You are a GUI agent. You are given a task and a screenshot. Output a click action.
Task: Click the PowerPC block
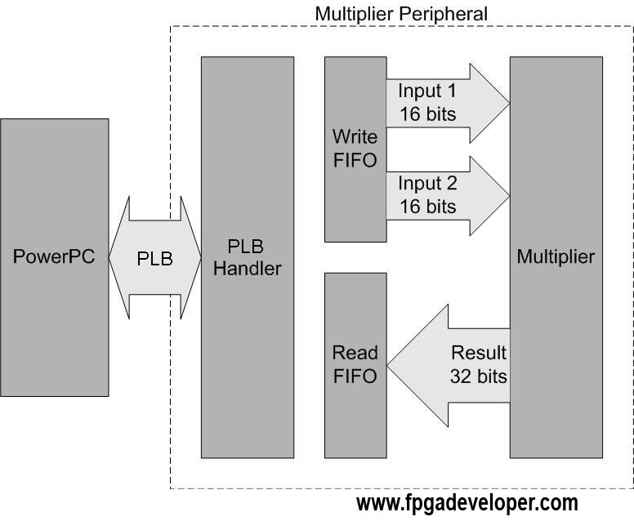[55, 257]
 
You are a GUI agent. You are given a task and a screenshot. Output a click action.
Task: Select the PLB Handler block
[248, 257]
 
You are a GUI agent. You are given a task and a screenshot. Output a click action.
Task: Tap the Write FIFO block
[355, 149]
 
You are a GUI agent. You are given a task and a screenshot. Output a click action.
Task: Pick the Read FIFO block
[355, 365]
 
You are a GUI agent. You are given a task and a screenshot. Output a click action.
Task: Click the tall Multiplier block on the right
[556, 257]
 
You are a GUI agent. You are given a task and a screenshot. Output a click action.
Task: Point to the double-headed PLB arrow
[155, 257]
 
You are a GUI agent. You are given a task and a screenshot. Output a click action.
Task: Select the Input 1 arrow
[448, 104]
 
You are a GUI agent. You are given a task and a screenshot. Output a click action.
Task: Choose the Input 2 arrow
[448, 196]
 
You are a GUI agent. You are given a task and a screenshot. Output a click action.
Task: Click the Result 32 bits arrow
[448, 366]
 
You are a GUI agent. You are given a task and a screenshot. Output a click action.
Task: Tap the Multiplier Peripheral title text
[401, 14]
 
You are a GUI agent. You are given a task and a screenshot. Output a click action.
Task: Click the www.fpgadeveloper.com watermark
[467, 504]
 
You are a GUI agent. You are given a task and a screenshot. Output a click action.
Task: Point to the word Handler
[248, 269]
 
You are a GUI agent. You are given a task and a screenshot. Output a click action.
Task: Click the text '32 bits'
[478, 376]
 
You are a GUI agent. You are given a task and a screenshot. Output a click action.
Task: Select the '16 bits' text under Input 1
[428, 114]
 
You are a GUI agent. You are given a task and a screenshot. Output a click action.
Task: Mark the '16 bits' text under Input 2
[428, 207]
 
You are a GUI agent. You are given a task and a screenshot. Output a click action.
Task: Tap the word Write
[355, 136]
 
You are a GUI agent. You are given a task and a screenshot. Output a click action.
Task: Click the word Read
[355, 353]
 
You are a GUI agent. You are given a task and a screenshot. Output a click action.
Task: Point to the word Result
[478, 353]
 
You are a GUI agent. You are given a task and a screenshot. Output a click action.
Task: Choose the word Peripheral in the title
[443, 14]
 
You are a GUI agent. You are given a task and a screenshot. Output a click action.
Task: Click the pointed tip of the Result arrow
[387, 366]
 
